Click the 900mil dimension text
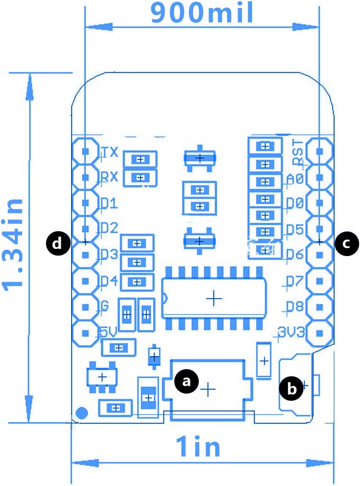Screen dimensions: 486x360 click(202, 13)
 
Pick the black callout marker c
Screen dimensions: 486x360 click(346, 243)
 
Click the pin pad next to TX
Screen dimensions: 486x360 click(86, 151)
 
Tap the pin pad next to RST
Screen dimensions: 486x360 click(319, 151)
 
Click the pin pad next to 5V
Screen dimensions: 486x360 click(86, 333)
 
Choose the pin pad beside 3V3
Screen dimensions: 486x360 click(319, 333)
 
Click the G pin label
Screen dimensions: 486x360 click(105, 306)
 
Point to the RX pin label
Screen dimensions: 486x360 click(109, 177)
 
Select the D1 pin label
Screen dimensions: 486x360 click(109, 203)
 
